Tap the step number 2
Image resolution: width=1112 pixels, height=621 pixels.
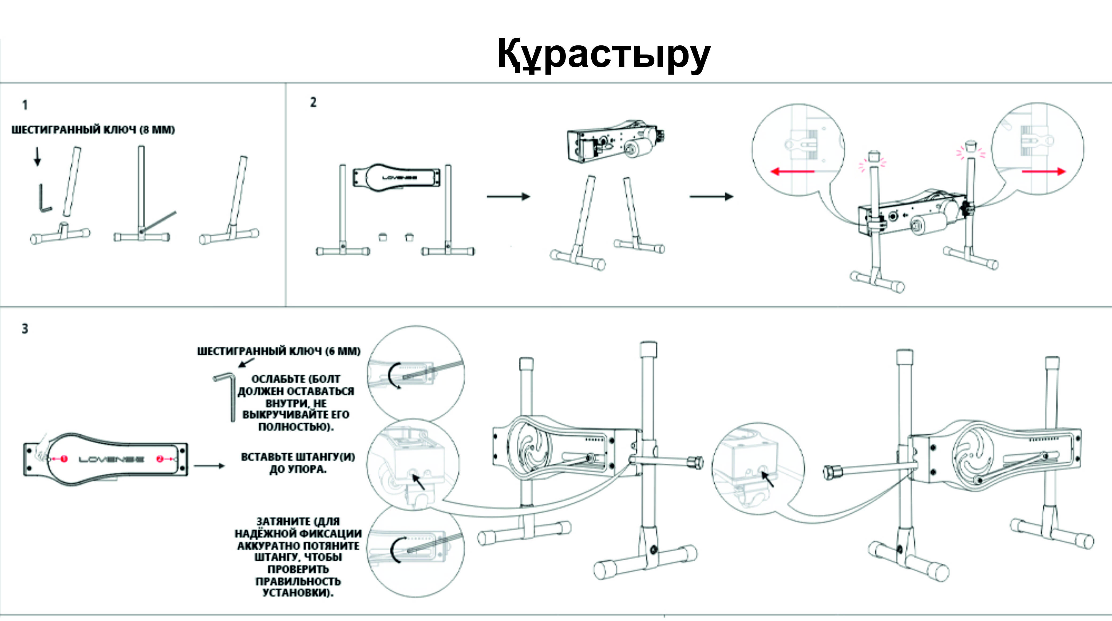click(x=313, y=102)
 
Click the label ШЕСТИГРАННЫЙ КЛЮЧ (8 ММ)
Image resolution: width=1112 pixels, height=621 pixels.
click(x=93, y=130)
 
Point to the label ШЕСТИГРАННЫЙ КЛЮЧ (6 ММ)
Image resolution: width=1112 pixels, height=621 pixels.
click(x=278, y=351)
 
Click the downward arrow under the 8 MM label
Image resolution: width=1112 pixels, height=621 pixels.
click(x=38, y=157)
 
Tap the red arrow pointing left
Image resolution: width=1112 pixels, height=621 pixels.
click(x=792, y=171)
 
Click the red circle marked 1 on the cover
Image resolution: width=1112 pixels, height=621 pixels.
click(x=64, y=459)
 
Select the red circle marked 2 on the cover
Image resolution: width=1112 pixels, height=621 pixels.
click(x=160, y=459)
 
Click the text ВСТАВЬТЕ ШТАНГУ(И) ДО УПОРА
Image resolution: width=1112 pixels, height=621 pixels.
click(x=298, y=463)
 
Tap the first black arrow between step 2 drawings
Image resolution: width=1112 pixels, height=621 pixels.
click(x=508, y=197)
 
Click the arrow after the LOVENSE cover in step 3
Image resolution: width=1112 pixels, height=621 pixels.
click(x=209, y=466)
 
